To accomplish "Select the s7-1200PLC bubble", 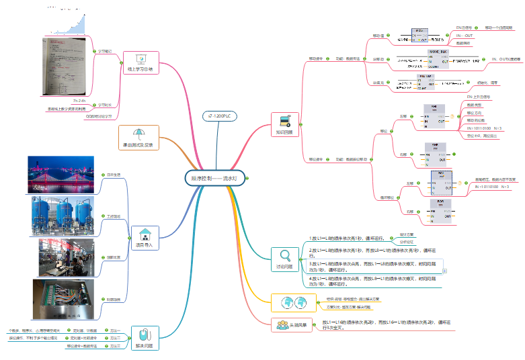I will coord(220,116).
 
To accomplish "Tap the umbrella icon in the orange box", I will coord(138,134).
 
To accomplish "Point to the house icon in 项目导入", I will coord(145,234).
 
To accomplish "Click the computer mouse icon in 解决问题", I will coord(144,334).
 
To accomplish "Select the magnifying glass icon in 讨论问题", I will coord(284,255).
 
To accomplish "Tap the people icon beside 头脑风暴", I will coord(282,325).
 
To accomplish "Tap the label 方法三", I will coord(116,346).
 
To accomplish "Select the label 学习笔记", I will coord(106,51).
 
